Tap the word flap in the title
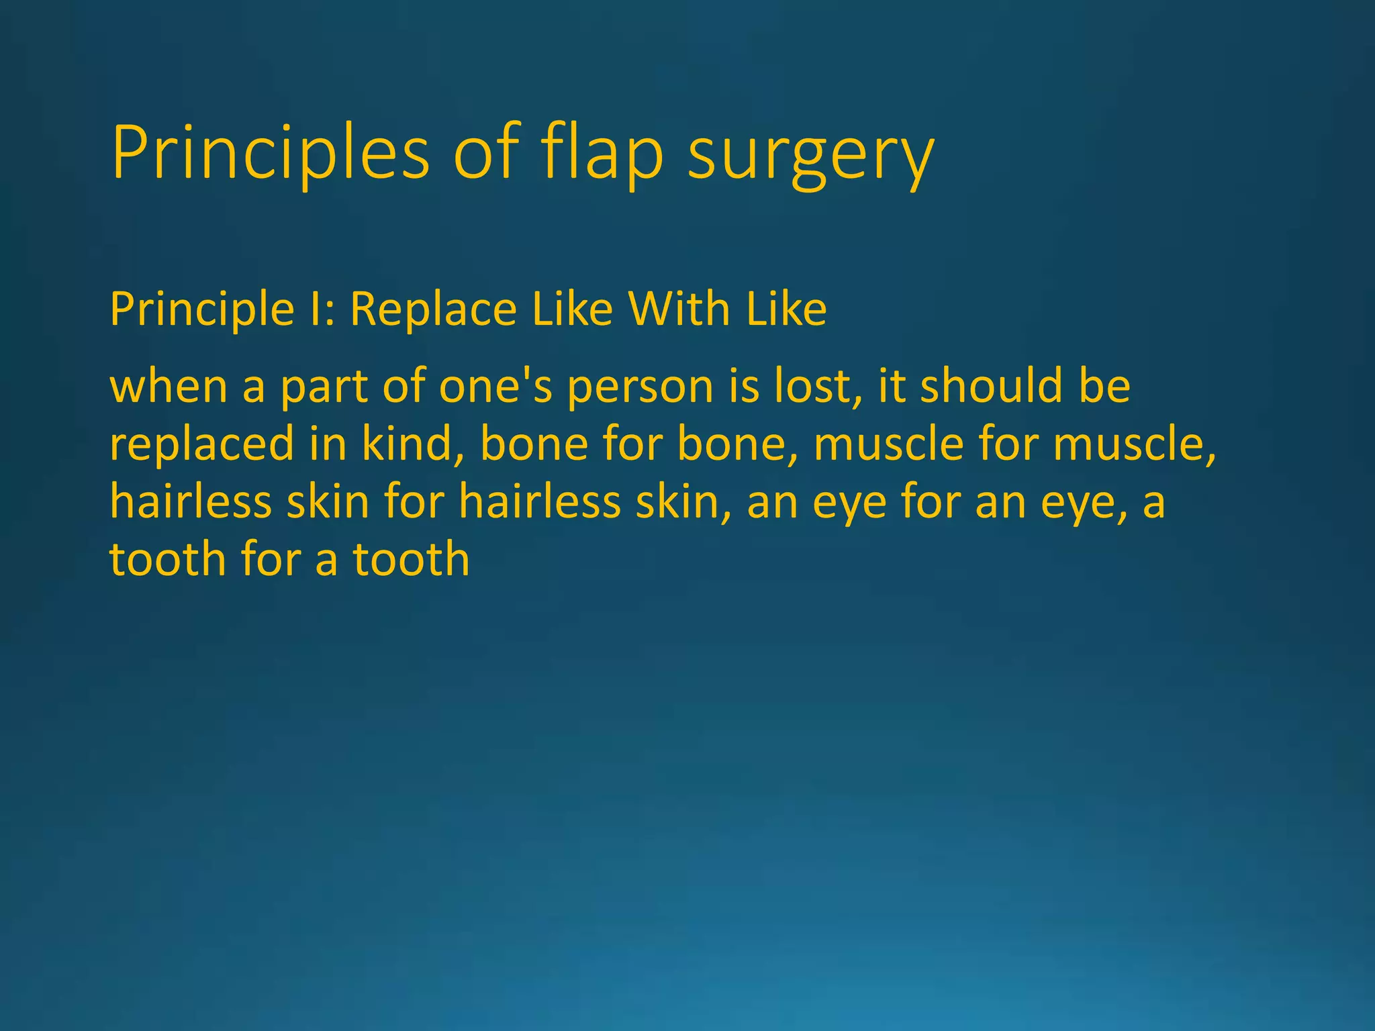(602, 154)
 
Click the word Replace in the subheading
(433, 309)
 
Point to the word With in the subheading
(678, 309)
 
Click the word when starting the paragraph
(169, 387)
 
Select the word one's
(495, 387)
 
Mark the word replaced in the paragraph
(201, 445)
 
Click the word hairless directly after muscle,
(190, 502)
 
